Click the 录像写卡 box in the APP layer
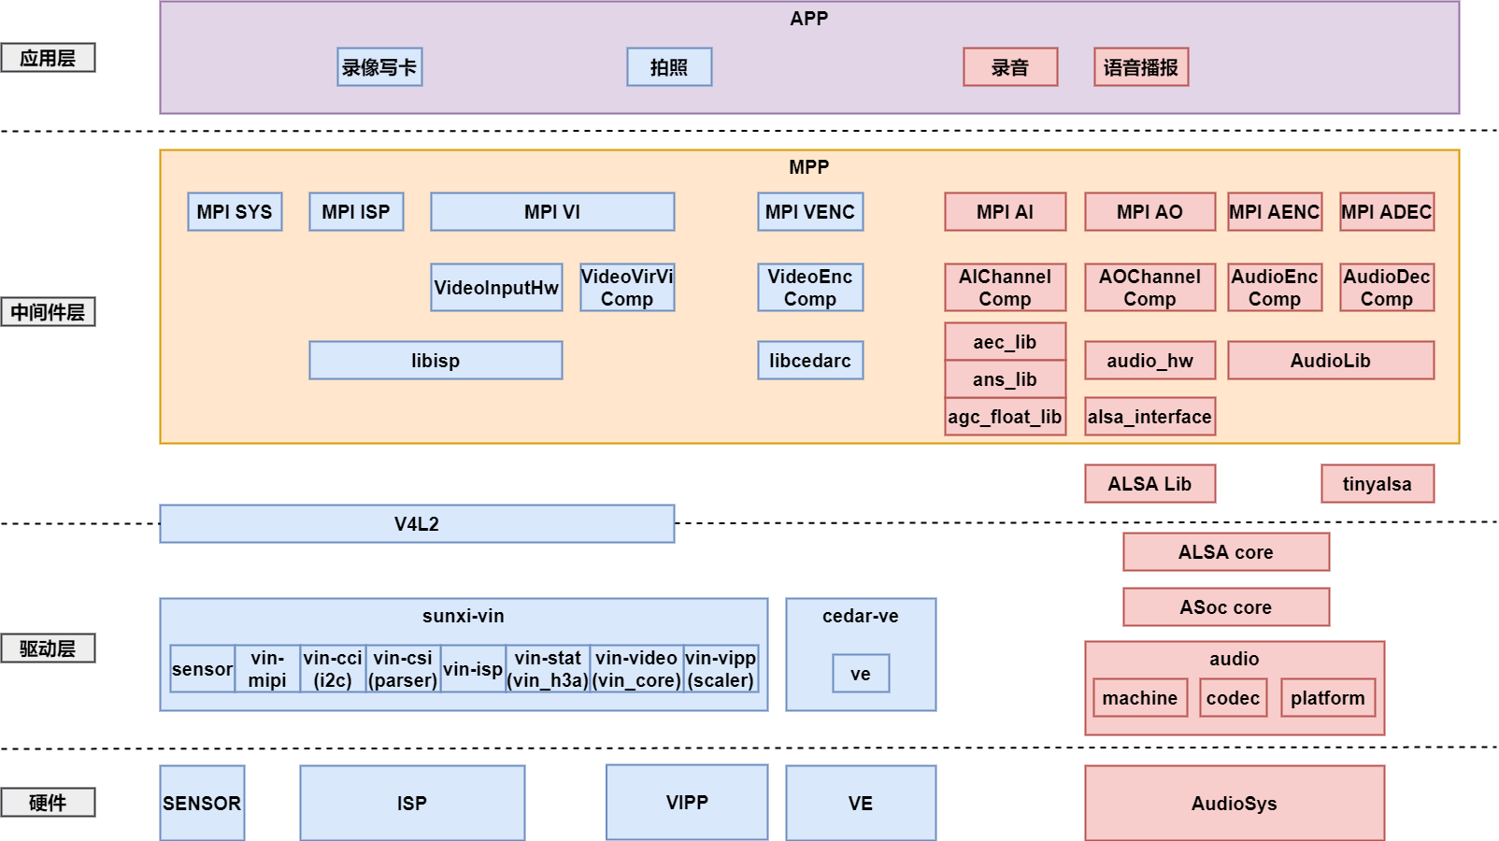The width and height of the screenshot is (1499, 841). pyautogui.click(x=379, y=67)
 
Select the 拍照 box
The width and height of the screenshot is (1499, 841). pyautogui.click(x=669, y=67)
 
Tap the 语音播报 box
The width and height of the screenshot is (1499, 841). pyautogui.click(x=1141, y=67)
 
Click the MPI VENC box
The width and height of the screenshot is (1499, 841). pyautogui.click(x=810, y=212)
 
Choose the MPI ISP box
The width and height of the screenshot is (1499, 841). pyautogui.click(x=356, y=212)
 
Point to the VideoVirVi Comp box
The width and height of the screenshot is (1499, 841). pyautogui.click(x=627, y=288)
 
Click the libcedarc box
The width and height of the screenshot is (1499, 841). pyautogui.click(x=810, y=361)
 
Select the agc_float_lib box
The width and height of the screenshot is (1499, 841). pyautogui.click(x=1005, y=417)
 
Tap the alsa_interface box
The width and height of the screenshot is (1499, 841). pyautogui.click(x=1149, y=417)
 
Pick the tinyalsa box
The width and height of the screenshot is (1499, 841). pyautogui.click(x=1378, y=484)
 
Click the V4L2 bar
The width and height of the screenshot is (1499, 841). pyautogui.click(x=417, y=524)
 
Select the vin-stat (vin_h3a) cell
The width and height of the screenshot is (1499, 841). pyautogui.click(x=548, y=669)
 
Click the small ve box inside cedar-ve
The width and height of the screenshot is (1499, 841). pyautogui.click(x=861, y=674)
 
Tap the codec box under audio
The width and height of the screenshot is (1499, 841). pyautogui.click(x=1233, y=698)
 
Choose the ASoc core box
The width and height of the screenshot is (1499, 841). pyautogui.click(x=1226, y=607)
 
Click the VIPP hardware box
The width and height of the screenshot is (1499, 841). pyautogui.click(x=687, y=803)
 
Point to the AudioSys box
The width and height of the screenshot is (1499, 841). pyautogui.click(x=1235, y=804)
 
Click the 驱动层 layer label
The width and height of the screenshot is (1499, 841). pyautogui.click(x=48, y=649)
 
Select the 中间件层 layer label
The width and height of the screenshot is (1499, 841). pyautogui.click(x=48, y=312)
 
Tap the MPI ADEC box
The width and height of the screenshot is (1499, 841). pyautogui.click(x=1387, y=212)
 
